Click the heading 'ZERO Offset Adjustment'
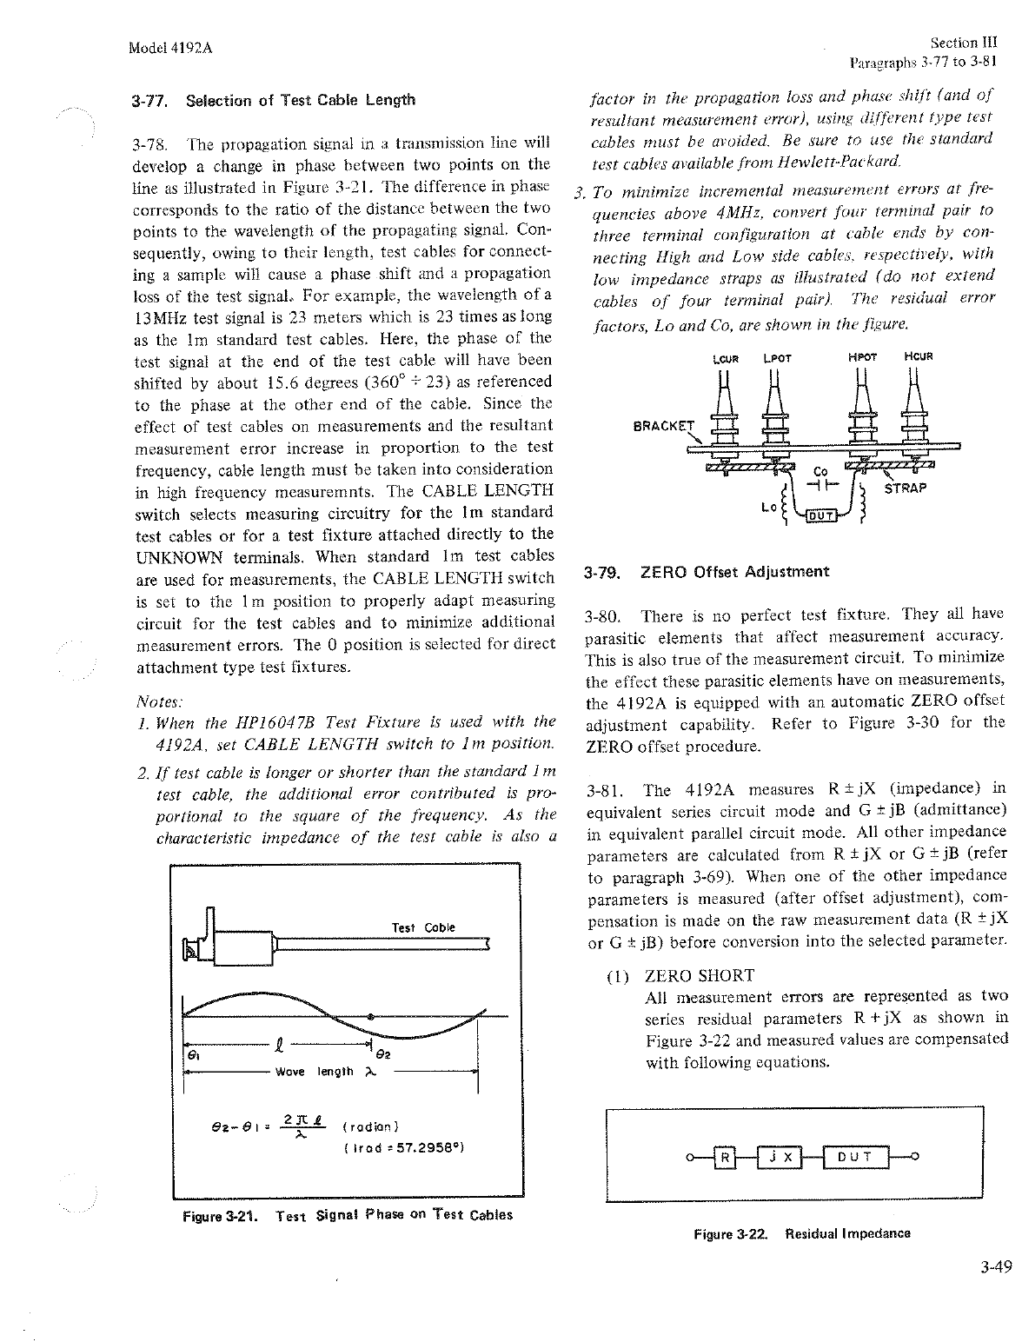734,572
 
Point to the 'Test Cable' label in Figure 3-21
423,927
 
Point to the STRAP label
906,488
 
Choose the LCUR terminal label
724,356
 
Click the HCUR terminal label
918,356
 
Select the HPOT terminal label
863,356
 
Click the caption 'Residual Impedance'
847,1233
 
